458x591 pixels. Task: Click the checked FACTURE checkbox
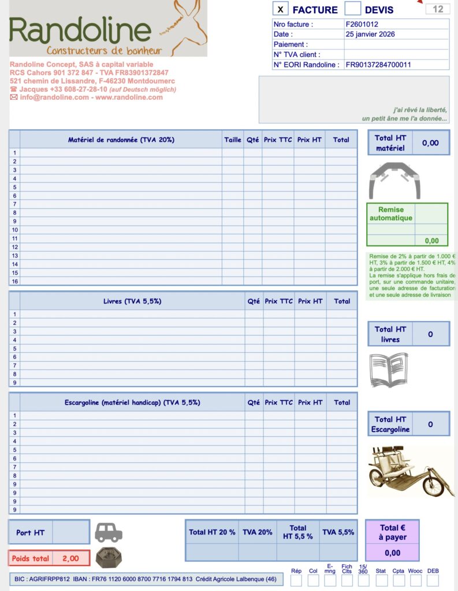coord(280,9)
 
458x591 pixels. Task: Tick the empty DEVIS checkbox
coord(352,9)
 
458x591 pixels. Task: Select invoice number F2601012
coord(362,25)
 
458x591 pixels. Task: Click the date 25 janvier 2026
coord(371,35)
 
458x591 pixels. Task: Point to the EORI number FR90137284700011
coord(378,65)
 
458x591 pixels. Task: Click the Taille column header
coord(233,140)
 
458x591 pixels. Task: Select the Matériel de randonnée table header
coord(121,140)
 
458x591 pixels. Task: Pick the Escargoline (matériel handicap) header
coord(132,402)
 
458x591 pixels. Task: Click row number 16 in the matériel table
coord(15,281)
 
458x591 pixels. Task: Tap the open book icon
coord(389,369)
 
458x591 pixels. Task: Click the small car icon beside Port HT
coord(109,532)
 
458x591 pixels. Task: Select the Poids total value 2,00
coord(70,559)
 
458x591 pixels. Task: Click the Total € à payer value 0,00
coord(392,553)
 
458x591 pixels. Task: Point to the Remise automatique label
coord(391,214)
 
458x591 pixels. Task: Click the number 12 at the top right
coord(438,9)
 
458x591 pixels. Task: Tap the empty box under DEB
coord(433,580)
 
